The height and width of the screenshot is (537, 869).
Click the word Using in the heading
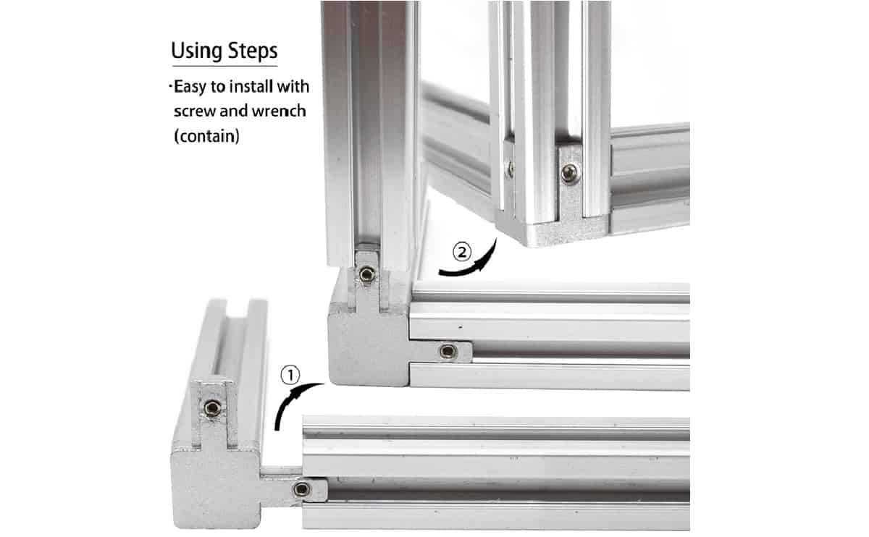(197, 51)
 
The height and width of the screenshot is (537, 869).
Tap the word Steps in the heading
(253, 51)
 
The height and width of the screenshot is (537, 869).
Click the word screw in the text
(195, 111)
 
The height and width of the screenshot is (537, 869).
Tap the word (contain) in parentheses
(207, 136)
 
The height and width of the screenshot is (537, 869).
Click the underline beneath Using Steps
(225, 66)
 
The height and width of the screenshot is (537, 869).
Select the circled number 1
(290, 375)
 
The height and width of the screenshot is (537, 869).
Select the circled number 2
(462, 252)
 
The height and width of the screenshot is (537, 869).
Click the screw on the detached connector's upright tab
(213, 408)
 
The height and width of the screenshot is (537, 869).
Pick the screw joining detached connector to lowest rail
(302, 489)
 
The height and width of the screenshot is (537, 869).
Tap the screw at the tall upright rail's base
(367, 274)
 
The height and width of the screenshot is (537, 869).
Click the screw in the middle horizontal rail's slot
(448, 351)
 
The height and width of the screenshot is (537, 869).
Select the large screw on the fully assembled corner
(570, 173)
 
